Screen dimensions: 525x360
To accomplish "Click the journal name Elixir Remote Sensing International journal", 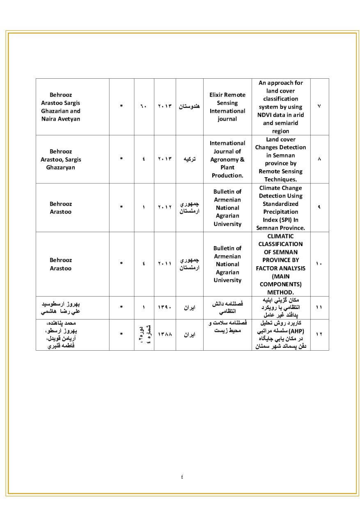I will (x=227, y=107).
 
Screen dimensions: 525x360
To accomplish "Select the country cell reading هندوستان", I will (x=189, y=106).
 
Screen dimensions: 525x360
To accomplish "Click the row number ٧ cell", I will (x=319, y=106).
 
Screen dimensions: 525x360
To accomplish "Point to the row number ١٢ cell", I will (x=319, y=334).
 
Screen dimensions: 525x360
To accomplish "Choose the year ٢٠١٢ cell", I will (x=165, y=208).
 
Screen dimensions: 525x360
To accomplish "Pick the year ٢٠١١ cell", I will (x=165, y=264).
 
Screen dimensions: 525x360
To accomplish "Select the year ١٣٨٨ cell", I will (x=165, y=334).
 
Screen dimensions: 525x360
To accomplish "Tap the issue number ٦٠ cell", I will (x=144, y=106).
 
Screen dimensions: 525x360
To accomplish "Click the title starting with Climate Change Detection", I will (x=280, y=208).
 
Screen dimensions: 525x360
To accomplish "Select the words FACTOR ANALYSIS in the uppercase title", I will (x=280, y=268).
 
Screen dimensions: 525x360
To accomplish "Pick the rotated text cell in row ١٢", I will (x=144, y=334).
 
